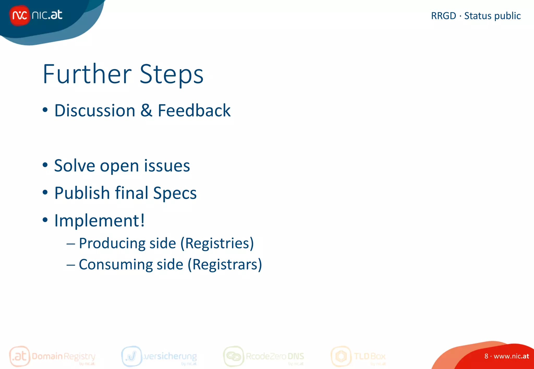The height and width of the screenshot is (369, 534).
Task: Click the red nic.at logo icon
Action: click(20, 16)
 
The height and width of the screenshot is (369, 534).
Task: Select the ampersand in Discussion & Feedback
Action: click(146, 110)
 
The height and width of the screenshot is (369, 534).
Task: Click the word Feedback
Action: click(194, 110)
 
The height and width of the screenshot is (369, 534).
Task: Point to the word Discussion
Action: click(95, 110)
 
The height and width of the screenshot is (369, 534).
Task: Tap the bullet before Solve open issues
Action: click(45, 165)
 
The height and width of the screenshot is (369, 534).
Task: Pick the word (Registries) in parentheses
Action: click(217, 244)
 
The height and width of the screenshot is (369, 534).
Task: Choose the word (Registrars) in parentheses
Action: click(225, 265)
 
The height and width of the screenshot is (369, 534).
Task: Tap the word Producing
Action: click(112, 244)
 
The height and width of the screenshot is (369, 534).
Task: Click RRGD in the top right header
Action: click(443, 16)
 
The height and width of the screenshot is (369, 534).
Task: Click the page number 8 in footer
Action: click(486, 356)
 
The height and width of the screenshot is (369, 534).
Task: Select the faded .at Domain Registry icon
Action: click(20, 356)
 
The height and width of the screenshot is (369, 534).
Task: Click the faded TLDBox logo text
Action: click(369, 356)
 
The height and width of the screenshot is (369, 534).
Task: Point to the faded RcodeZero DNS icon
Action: click(233, 356)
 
